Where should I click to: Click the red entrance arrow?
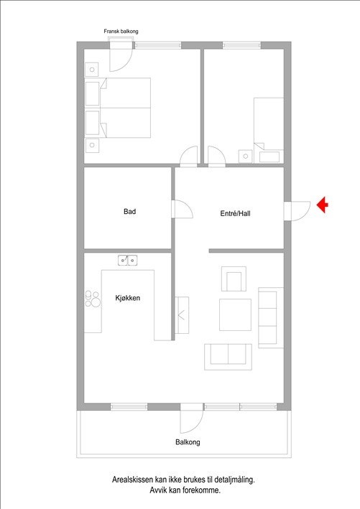(x=323, y=205)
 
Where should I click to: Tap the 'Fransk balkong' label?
(x=121, y=32)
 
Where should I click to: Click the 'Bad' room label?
(x=130, y=212)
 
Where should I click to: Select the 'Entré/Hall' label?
(x=235, y=213)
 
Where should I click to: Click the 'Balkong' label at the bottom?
(x=188, y=442)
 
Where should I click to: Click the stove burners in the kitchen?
(x=93, y=299)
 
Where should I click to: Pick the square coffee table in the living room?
(x=235, y=314)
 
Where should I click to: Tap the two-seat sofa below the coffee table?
(x=228, y=356)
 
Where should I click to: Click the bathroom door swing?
(x=182, y=210)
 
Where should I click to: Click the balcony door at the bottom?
(x=191, y=417)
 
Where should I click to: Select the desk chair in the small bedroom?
(x=246, y=156)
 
